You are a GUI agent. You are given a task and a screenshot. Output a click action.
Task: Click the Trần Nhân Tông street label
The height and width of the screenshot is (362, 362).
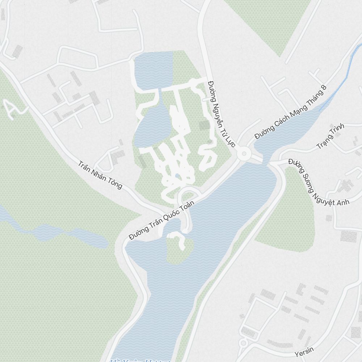[x=100, y=175]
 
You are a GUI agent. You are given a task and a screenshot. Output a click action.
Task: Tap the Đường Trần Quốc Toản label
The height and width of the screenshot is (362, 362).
[x=162, y=220]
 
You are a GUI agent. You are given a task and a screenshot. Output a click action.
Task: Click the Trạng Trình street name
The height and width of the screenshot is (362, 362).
[x=331, y=136]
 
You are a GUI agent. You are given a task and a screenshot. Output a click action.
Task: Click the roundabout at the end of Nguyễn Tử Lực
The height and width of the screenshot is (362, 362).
[x=244, y=153]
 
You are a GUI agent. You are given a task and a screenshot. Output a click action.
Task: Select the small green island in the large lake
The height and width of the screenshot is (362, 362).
[x=179, y=250]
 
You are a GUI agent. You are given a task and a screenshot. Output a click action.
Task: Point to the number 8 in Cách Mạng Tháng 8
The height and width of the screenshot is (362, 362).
[x=324, y=88]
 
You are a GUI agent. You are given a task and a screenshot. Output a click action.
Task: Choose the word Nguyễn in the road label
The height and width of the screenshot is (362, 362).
[x=218, y=103]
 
